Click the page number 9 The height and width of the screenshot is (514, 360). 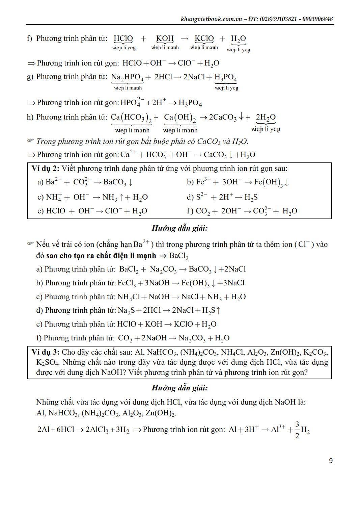[331, 461]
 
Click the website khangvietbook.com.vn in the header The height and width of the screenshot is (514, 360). [211, 19]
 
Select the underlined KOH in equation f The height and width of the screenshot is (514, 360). [165, 38]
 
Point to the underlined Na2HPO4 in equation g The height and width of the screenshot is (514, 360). [127, 77]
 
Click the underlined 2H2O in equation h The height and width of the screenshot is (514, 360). [266, 118]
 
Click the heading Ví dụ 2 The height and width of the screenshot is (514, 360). [45, 168]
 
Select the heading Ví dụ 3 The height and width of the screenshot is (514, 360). [45, 352]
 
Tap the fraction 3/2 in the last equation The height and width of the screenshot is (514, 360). [297, 430]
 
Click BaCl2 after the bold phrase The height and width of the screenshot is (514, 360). [178, 256]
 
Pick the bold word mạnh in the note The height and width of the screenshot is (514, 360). [147, 256]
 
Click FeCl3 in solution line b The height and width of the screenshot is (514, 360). [126, 283]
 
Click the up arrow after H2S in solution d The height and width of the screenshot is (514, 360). [219, 310]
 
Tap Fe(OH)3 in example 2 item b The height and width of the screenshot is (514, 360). [268, 182]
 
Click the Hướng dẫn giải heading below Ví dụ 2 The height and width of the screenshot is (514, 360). [179, 228]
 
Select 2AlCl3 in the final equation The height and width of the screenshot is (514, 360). [97, 430]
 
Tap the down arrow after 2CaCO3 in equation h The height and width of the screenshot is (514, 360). [241, 117]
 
